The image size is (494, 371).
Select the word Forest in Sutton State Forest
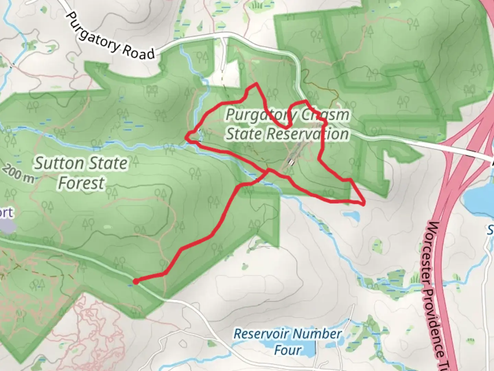click(81, 183)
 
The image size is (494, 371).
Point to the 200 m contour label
click(19, 174)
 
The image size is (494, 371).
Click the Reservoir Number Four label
click(287, 341)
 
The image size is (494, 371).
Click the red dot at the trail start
click(136, 282)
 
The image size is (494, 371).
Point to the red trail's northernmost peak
click(255, 83)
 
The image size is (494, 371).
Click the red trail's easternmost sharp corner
click(363, 204)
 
